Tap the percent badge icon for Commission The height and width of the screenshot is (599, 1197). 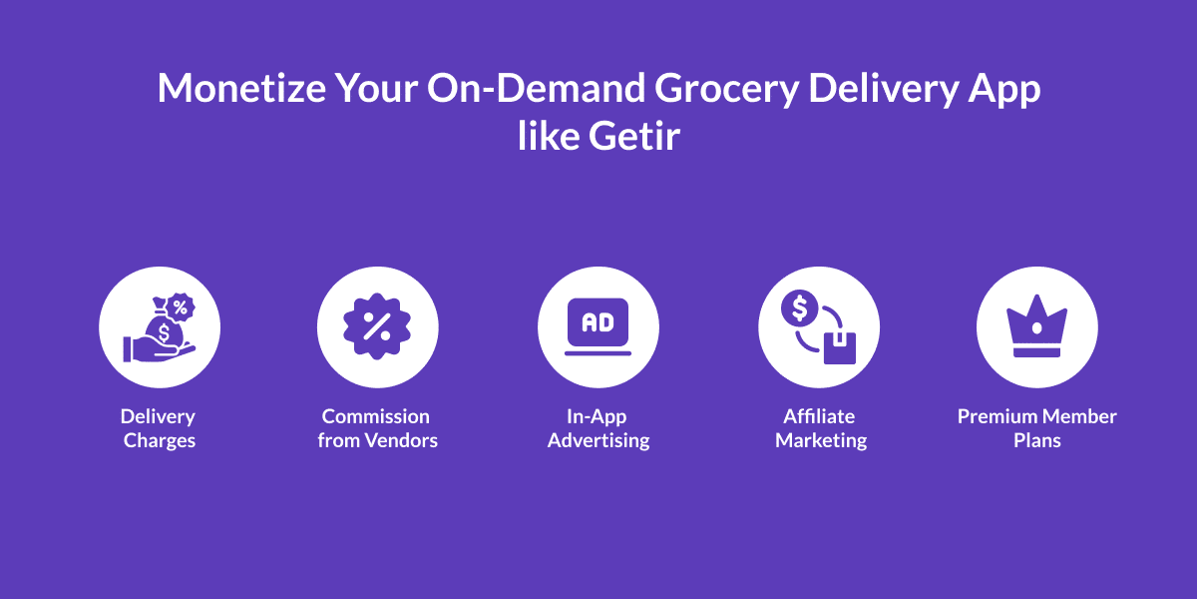[378, 326]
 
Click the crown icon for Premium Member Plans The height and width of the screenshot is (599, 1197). [1037, 326]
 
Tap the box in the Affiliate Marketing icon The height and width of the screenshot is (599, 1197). [839, 346]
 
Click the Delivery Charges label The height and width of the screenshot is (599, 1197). [159, 428]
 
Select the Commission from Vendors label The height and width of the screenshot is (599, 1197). [377, 428]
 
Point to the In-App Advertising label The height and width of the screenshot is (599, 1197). [598, 428]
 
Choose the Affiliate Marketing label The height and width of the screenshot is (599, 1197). [820, 428]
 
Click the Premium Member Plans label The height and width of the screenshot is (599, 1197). [1037, 428]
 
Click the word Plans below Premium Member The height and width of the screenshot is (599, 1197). [1037, 440]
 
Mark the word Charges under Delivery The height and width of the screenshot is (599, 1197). [160, 440]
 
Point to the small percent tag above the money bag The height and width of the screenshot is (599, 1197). [181, 305]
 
